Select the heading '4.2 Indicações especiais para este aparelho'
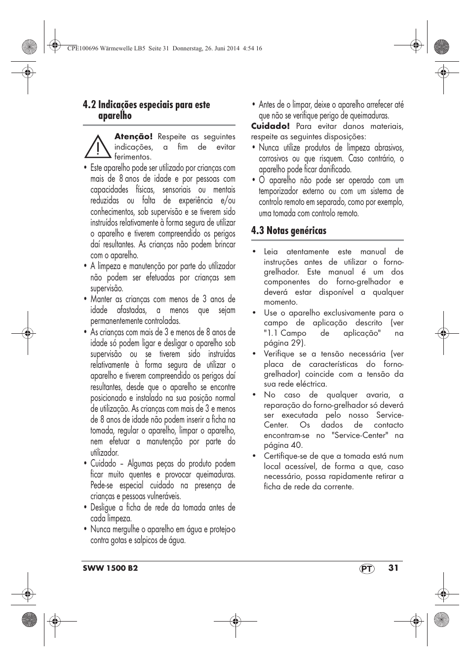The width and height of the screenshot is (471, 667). [x=146, y=110]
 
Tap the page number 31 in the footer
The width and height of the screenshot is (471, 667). [x=393, y=568]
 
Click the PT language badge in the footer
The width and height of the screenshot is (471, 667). [x=366, y=569]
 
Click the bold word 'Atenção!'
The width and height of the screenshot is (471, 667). [x=134, y=137]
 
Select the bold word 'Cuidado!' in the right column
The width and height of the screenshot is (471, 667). [x=270, y=126]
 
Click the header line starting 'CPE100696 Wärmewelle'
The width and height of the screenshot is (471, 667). [x=163, y=48]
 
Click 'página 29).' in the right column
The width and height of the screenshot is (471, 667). [x=284, y=343]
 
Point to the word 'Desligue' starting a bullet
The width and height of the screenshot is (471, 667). [x=104, y=508]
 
